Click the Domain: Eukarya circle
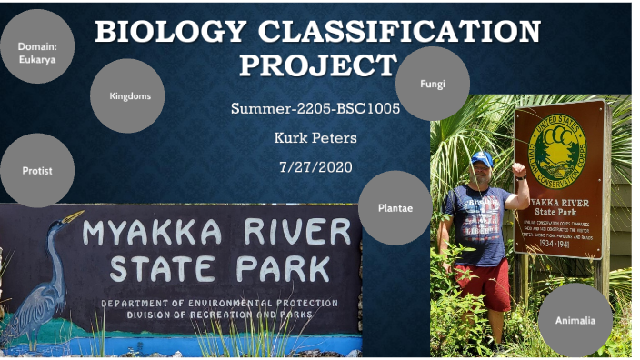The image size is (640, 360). click(36, 46)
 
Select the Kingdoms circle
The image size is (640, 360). click(127, 95)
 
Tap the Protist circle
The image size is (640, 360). click(37, 170)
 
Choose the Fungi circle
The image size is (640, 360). click(433, 84)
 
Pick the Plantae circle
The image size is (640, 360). click(395, 208)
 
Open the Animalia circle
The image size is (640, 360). click(575, 319)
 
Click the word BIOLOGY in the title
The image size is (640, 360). click(169, 33)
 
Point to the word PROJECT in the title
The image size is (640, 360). click(318, 65)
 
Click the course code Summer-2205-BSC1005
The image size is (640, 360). click(315, 108)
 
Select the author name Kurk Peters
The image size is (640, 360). click(315, 137)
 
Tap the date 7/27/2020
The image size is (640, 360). click(315, 166)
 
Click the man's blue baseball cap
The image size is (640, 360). click(481, 158)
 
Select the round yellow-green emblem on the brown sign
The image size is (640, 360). click(557, 147)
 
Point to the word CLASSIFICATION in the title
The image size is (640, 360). click(400, 33)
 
